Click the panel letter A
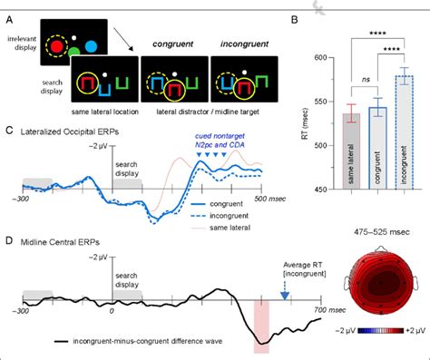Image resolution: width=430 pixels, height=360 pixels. (x=8, y=7)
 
